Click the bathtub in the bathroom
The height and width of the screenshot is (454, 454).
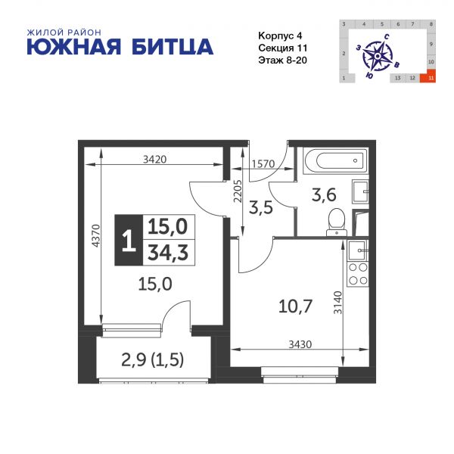pos(334,161)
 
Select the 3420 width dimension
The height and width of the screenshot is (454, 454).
pos(154,160)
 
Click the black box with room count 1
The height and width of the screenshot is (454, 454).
pos(127,240)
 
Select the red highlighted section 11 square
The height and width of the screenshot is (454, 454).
pos(431,77)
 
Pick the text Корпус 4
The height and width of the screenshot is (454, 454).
pos(278,35)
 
